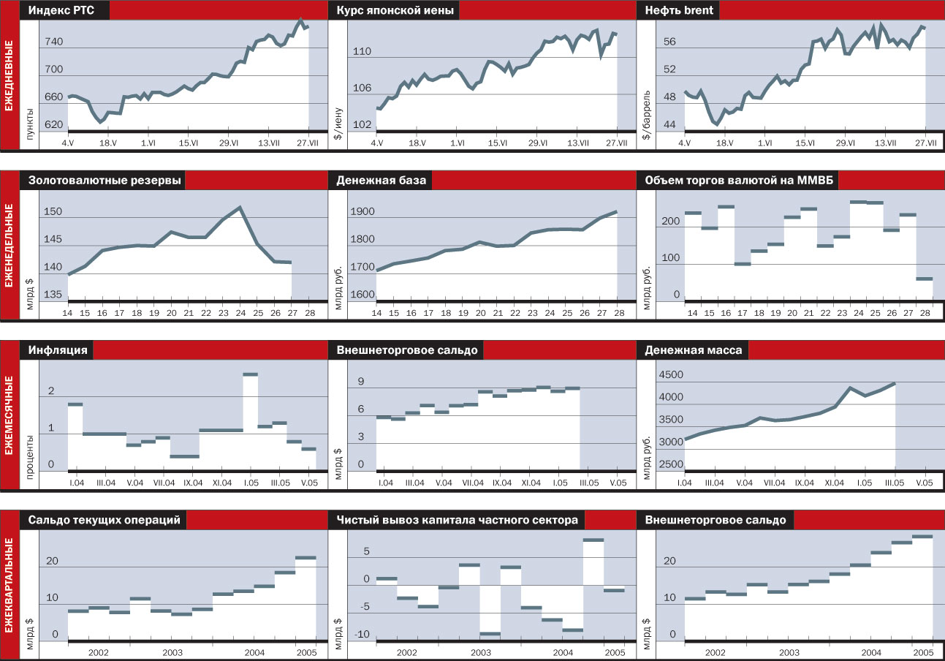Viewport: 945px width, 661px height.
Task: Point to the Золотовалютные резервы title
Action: click(105, 181)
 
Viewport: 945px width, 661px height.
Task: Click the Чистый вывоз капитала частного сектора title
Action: click(458, 520)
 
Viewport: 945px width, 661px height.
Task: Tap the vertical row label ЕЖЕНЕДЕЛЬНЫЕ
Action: click(10, 245)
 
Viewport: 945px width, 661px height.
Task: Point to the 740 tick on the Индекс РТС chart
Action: click(53, 42)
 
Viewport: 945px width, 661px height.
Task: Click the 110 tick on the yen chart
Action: click(363, 51)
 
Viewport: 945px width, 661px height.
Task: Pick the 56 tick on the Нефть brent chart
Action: click(670, 42)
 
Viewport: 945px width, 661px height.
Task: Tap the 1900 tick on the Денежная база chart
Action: click(363, 212)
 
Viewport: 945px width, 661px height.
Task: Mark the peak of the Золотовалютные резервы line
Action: click(240, 208)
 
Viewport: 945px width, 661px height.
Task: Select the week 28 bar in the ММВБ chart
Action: click(924, 279)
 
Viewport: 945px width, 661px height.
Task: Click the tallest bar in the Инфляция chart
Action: click(250, 374)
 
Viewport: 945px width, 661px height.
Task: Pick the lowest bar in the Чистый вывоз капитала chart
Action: click(490, 633)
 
